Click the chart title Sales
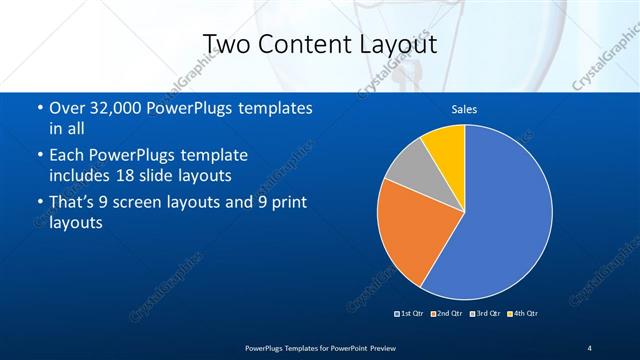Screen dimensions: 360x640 464,109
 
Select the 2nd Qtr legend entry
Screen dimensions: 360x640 447,313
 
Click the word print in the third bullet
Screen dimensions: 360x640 289,205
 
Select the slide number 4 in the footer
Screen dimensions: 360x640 589,347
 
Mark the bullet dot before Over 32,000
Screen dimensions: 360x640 39,108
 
